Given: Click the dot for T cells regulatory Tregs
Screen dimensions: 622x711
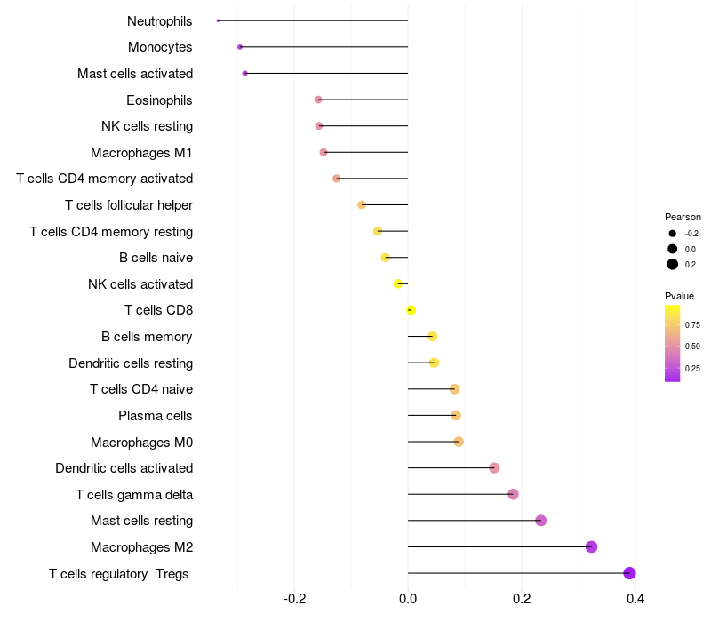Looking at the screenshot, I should click(629, 573).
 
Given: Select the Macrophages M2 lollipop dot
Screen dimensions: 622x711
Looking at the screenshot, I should click(591, 547).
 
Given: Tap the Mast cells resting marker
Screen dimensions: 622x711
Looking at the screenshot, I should click(540, 521).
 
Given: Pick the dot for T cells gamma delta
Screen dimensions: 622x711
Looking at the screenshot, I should click(513, 494).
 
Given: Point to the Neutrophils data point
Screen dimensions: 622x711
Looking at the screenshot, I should click(218, 20).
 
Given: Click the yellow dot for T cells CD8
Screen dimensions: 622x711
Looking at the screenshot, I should click(411, 310).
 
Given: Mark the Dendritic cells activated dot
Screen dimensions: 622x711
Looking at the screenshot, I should click(494, 468).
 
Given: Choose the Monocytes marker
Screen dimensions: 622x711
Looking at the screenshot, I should click(240, 46).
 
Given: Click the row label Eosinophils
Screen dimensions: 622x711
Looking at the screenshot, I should click(159, 100).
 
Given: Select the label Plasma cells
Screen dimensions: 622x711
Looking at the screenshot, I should click(156, 416).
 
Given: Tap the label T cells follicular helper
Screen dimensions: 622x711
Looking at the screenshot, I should click(129, 205).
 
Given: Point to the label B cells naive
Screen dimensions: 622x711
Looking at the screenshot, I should click(156, 258).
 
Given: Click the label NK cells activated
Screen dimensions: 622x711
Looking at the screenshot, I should click(140, 284).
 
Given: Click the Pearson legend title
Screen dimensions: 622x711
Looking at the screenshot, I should click(683, 217).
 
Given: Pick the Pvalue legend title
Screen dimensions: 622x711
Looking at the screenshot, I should click(679, 296).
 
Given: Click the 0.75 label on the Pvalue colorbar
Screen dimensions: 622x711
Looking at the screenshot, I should click(693, 325).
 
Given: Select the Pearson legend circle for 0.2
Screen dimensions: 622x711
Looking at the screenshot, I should click(673, 264).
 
